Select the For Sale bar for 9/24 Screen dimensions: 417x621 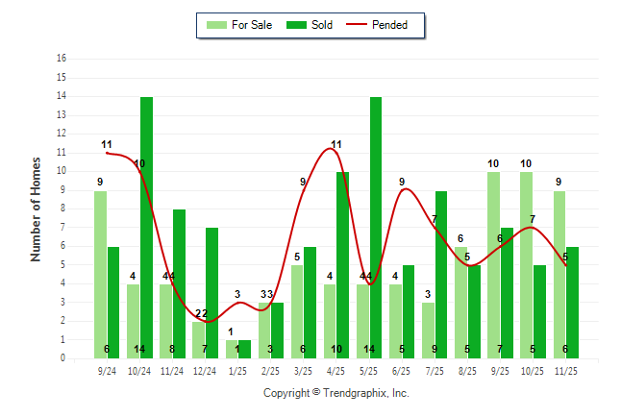[100, 274]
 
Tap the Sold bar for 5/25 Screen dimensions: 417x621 [376, 227]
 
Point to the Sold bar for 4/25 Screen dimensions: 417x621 [343, 264]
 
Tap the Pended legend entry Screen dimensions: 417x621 [385, 25]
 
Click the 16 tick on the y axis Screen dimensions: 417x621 [62, 59]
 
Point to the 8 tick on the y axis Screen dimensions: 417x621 [62, 208]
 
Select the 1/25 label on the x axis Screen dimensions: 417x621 [237, 370]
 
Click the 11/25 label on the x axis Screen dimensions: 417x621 [565, 370]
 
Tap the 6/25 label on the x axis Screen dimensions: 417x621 [402, 370]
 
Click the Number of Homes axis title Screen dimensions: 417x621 [36, 208]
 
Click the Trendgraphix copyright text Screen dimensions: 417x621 [336, 393]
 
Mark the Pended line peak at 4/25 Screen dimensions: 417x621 [335, 149]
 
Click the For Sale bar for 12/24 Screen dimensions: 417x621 [198, 339]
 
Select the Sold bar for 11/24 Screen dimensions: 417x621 [180, 283]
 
